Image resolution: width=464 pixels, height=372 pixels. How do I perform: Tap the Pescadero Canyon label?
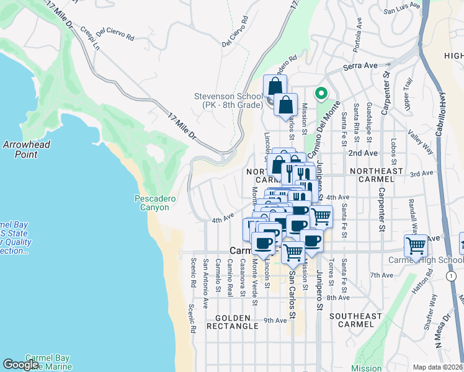point(155,203)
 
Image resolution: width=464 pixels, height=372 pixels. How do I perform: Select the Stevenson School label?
point(228,100)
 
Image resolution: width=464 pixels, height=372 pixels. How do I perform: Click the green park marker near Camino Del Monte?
point(321,94)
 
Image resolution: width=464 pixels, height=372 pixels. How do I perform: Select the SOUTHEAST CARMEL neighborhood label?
point(355,321)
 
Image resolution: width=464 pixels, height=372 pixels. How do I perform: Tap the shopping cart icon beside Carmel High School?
point(416,246)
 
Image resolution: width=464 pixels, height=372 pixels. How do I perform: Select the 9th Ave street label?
point(275,320)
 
